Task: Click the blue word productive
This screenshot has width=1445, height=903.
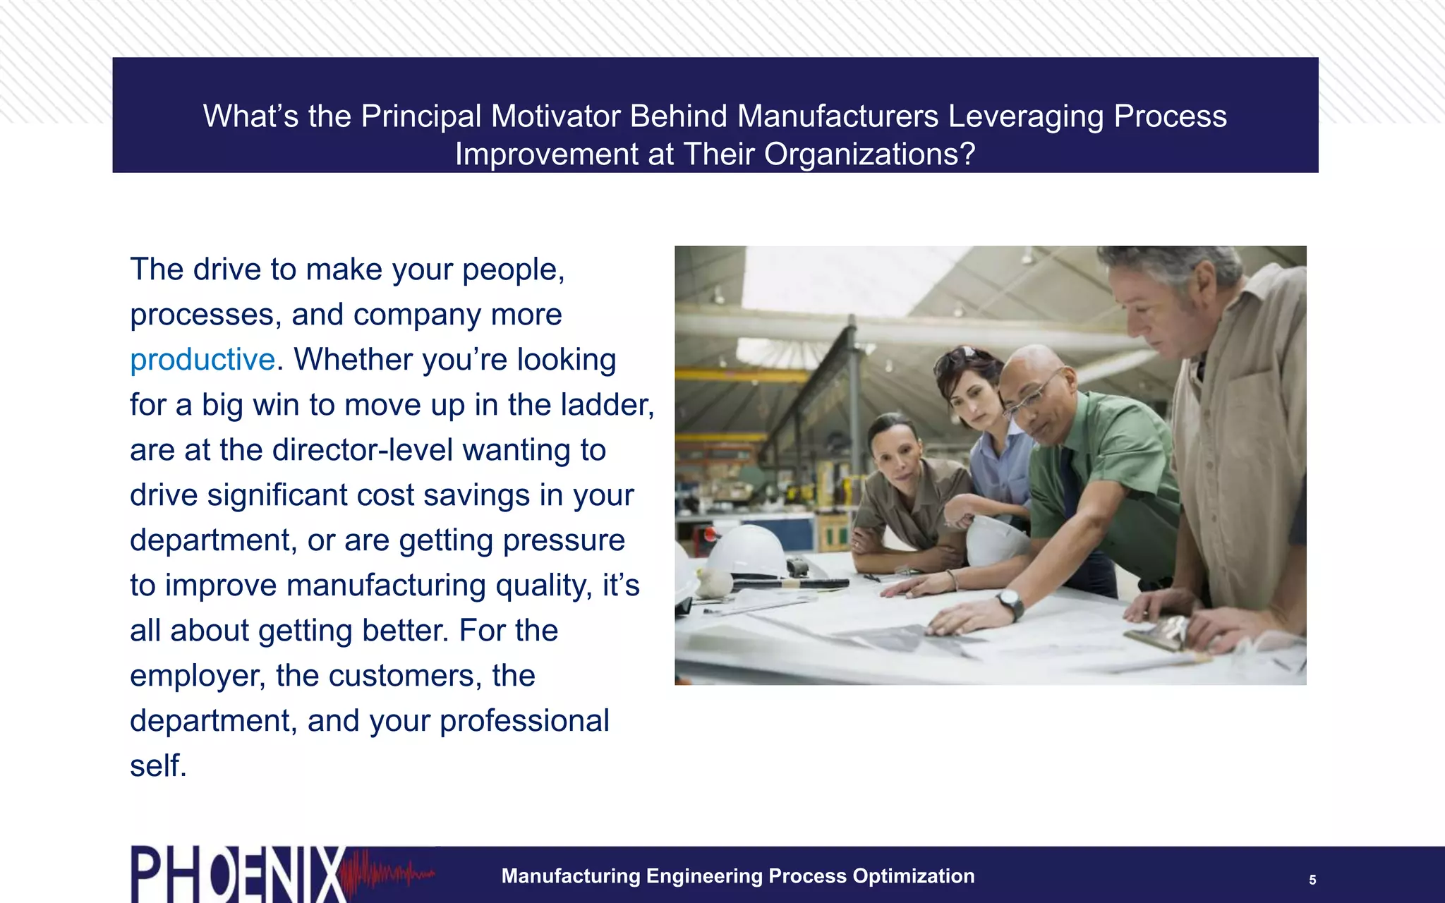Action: [x=202, y=360]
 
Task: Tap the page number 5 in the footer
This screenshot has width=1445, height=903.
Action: [x=1312, y=880]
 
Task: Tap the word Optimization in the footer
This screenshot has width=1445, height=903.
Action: [x=914, y=876]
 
